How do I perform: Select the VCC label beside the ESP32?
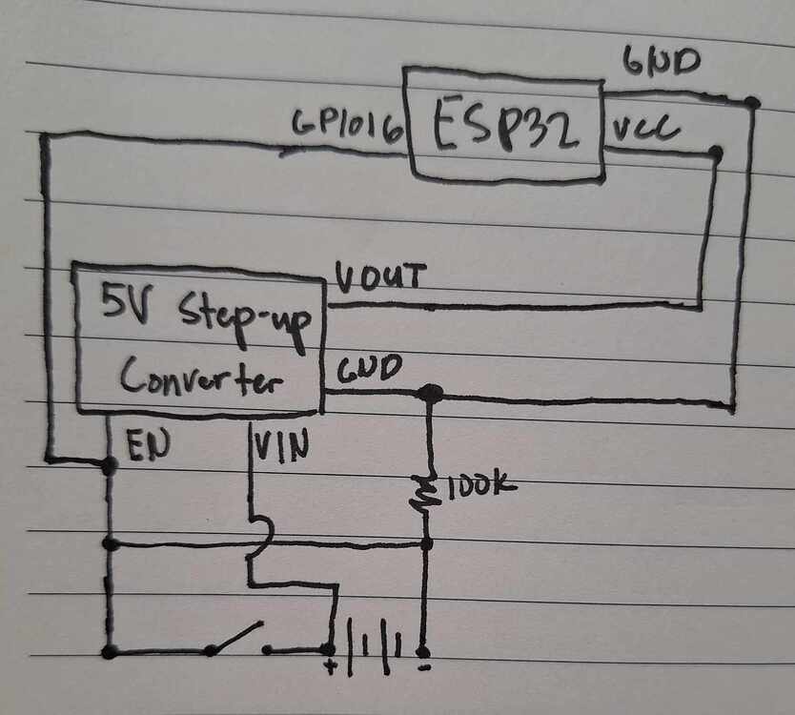[645, 131]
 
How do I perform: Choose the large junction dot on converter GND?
[430, 392]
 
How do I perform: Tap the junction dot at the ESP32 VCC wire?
[715, 152]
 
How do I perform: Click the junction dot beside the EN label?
[110, 465]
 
